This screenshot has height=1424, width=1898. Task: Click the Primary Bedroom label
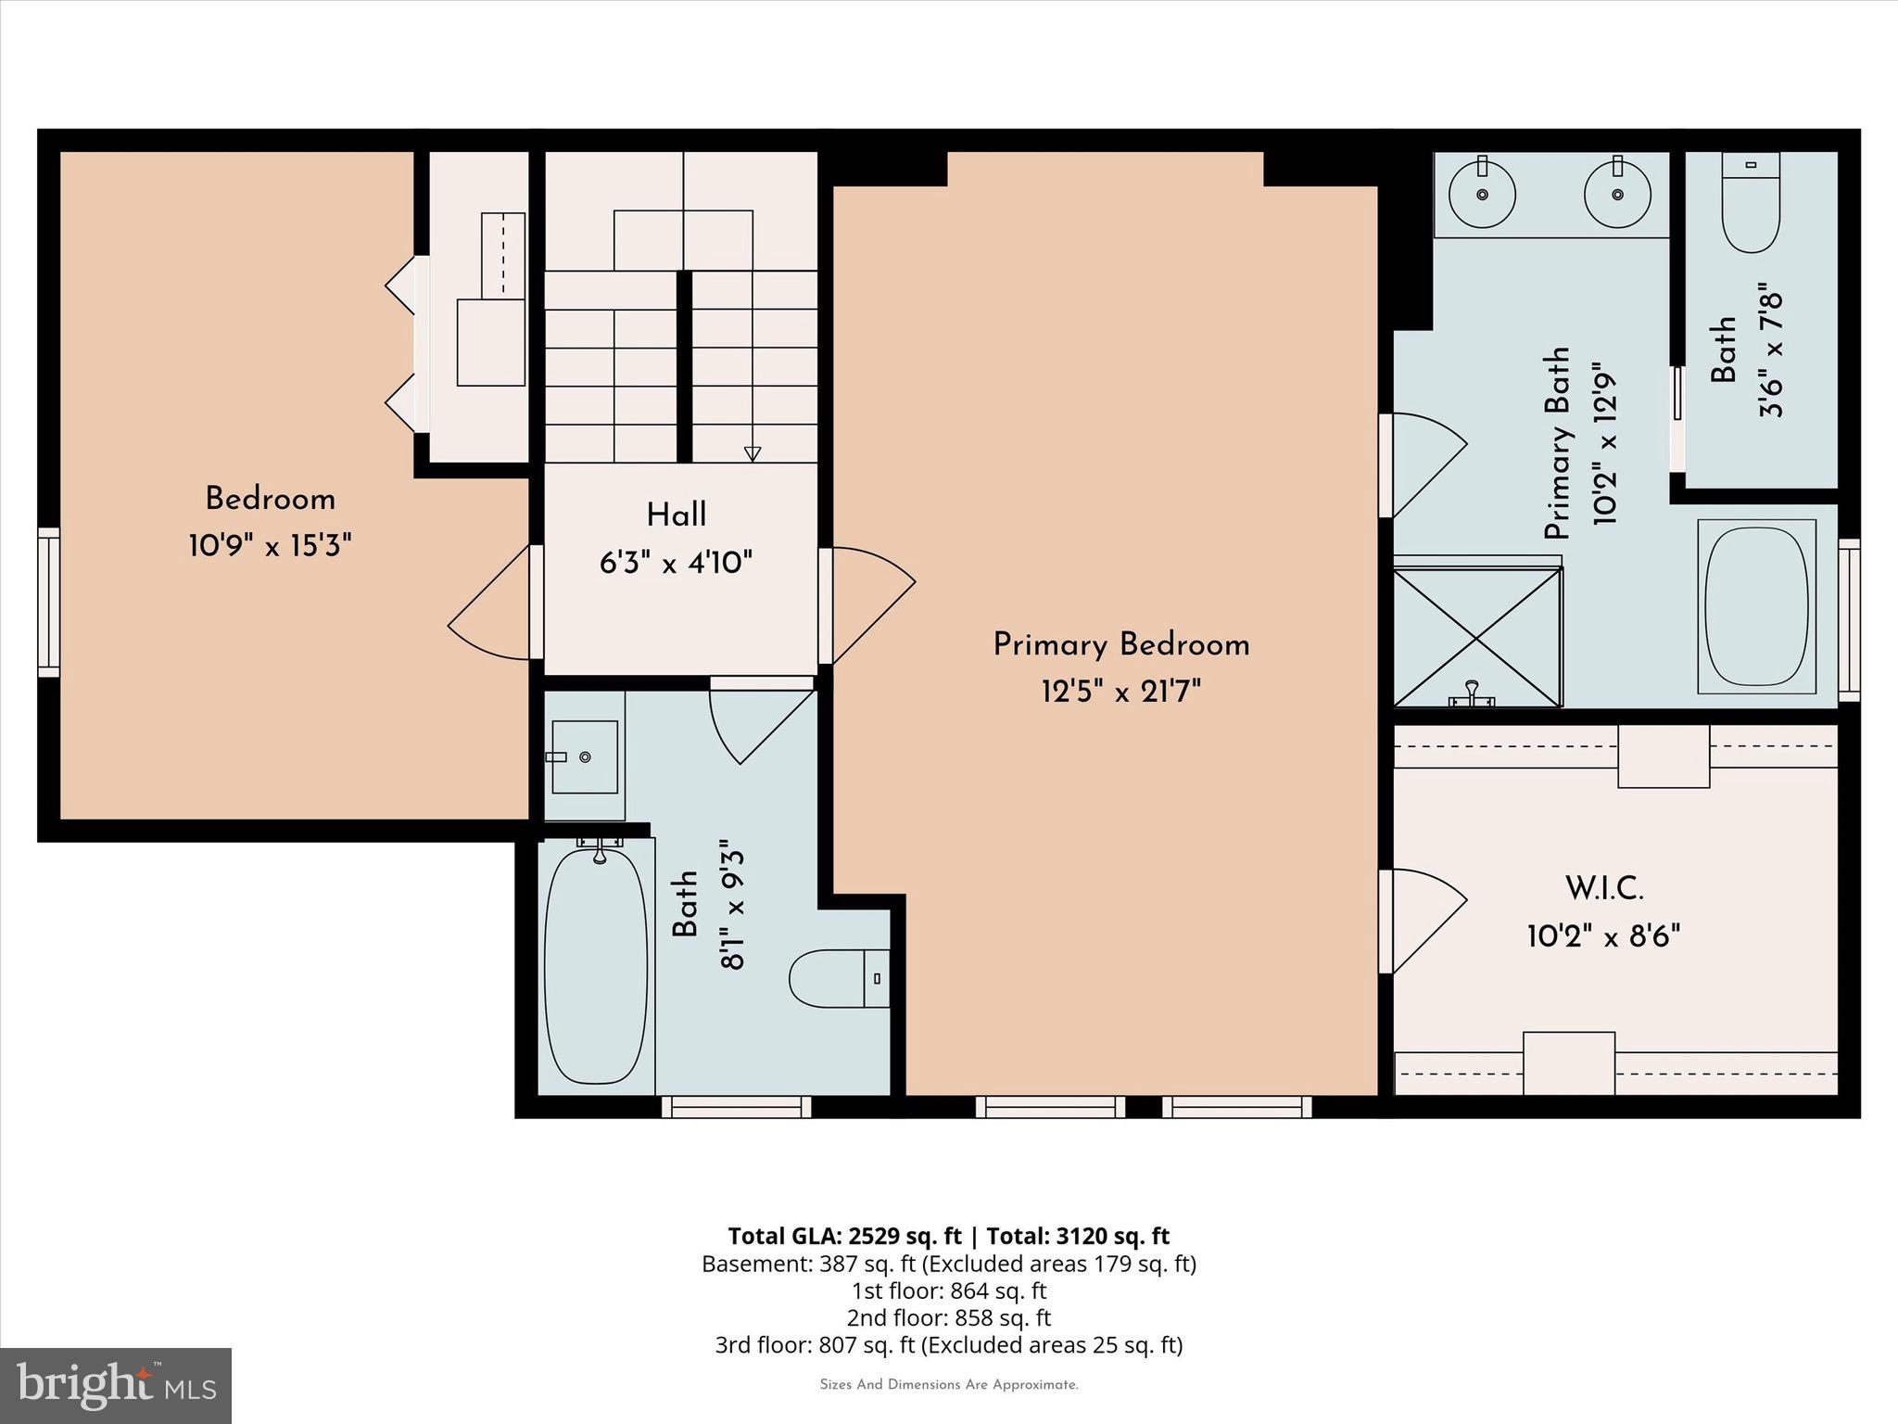(1120, 645)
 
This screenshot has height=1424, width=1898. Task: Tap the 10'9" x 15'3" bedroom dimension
(270, 546)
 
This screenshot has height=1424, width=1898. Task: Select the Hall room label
(676, 515)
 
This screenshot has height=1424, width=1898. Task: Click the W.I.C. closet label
(1604, 889)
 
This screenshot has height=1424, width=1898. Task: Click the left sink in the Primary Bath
(1483, 195)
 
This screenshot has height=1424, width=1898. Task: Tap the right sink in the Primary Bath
(1617, 195)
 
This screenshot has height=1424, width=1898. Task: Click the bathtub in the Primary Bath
(1756, 606)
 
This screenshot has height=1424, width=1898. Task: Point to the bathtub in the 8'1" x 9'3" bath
(596, 966)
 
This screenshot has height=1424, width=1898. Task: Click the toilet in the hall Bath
(837, 978)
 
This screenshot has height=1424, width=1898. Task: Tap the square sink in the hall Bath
(585, 757)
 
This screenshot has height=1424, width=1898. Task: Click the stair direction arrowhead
(753, 453)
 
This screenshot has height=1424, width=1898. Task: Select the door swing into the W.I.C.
(1425, 920)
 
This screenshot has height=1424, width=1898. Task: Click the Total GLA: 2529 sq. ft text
(844, 1236)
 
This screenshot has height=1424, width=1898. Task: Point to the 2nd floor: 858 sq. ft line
(948, 1317)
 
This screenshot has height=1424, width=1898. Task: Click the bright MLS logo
(116, 1385)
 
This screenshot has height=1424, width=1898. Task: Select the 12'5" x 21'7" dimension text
(1120, 692)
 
